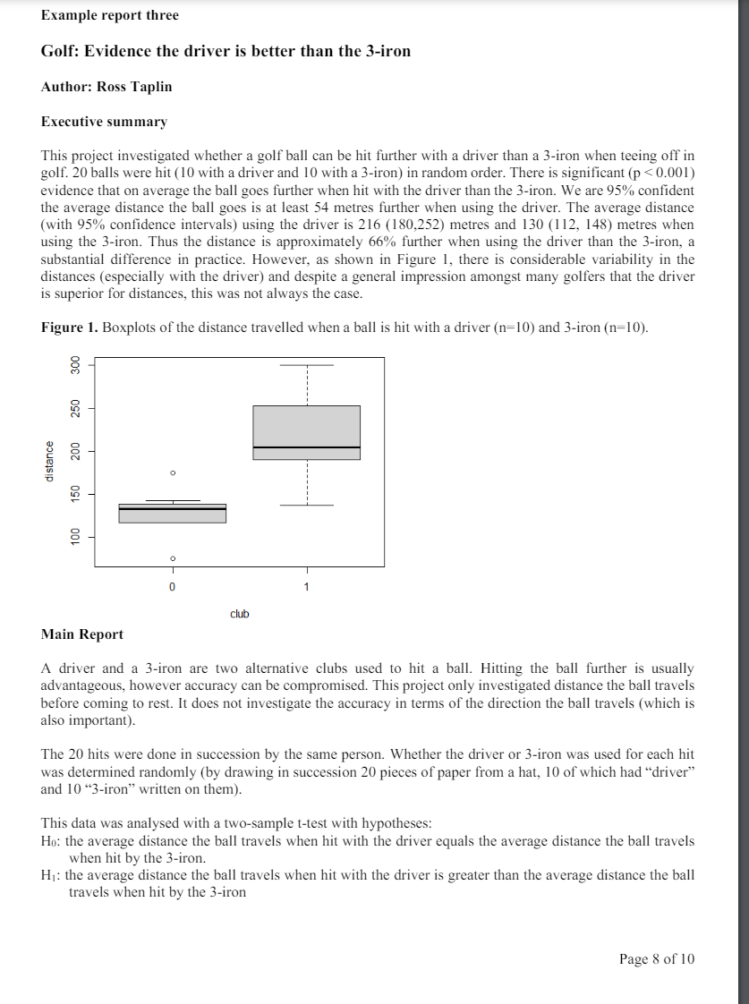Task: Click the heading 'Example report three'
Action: click(109, 15)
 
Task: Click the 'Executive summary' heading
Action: click(104, 121)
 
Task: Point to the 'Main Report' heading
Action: click(82, 634)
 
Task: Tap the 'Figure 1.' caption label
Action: click(70, 328)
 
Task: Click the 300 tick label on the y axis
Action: click(76, 365)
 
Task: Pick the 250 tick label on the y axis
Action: click(76, 407)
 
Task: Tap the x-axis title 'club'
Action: click(239, 614)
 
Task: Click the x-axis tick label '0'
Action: click(173, 587)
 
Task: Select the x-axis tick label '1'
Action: click(306, 587)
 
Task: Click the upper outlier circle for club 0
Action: click(173, 472)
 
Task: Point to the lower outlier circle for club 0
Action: click(173, 558)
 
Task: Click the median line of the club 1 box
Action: click(306, 447)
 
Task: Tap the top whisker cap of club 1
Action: click(306, 365)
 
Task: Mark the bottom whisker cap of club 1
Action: click(306, 506)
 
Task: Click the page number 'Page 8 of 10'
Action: click(656, 958)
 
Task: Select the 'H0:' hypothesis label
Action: click(51, 842)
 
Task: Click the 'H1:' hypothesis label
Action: click(51, 875)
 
